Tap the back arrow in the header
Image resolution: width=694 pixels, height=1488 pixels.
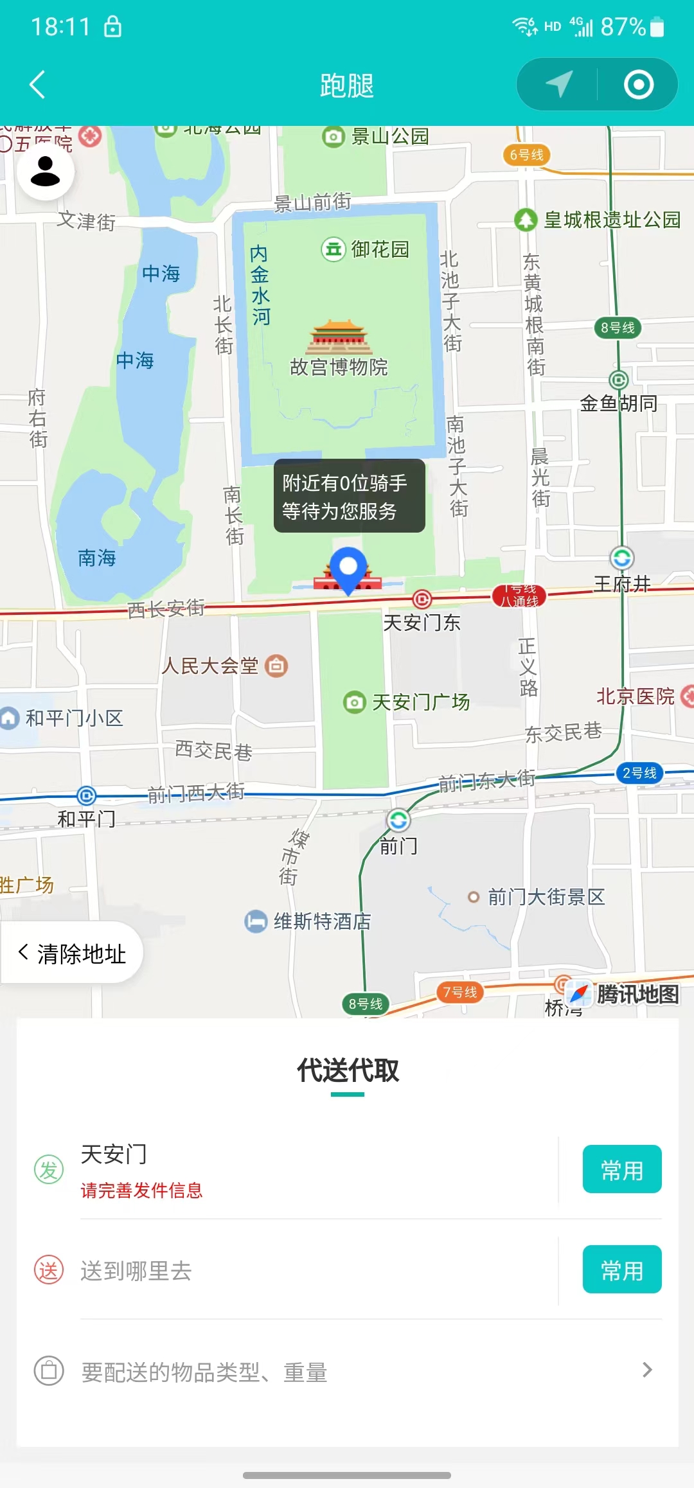pyautogui.click(x=37, y=85)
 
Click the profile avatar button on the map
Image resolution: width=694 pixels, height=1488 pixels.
pyautogui.click(x=45, y=172)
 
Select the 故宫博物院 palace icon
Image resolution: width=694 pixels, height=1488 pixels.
pyautogui.click(x=339, y=337)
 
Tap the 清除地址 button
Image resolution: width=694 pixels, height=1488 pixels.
pyautogui.click(x=72, y=953)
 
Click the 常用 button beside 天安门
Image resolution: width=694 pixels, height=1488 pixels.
pyautogui.click(x=621, y=1169)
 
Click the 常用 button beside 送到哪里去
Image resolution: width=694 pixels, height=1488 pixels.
pyautogui.click(x=621, y=1270)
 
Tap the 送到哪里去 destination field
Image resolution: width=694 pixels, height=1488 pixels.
pyautogui.click(x=136, y=1270)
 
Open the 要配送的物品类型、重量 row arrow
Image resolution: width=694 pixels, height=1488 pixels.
pyautogui.click(x=647, y=1370)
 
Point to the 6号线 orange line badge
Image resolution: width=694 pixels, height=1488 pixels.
pyautogui.click(x=526, y=155)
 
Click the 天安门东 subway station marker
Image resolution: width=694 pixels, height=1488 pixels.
pyautogui.click(x=422, y=599)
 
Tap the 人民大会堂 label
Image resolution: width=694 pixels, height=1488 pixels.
pyautogui.click(x=210, y=666)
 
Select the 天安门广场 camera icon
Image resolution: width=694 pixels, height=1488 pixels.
pyautogui.click(x=353, y=702)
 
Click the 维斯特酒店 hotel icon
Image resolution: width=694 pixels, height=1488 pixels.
pyautogui.click(x=256, y=921)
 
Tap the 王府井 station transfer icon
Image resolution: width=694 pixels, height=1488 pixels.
pyautogui.click(x=621, y=558)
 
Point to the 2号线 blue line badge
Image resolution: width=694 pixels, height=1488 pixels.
pyautogui.click(x=639, y=773)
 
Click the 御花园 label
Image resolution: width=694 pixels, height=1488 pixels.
pyautogui.click(x=380, y=249)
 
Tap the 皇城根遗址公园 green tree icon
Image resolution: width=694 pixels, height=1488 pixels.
pyautogui.click(x=526, y=220)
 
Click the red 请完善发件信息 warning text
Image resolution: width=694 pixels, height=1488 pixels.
pyautogui.click(x=141, y=1191)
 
